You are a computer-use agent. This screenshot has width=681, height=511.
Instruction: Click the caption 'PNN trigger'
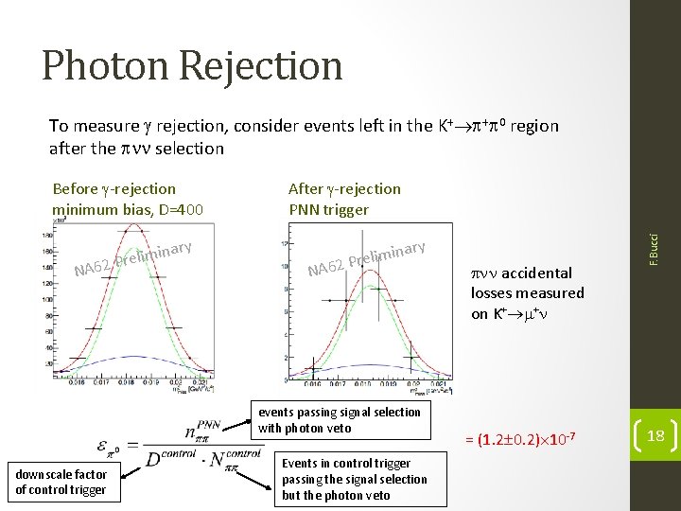pyautogui.click(x=328, y=208)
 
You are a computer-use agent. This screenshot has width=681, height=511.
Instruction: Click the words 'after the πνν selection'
pyautogui.click(x=136, y=149)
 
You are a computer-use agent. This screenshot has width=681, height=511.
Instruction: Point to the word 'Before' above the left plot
pyautogui.click(x=76, y=189)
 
